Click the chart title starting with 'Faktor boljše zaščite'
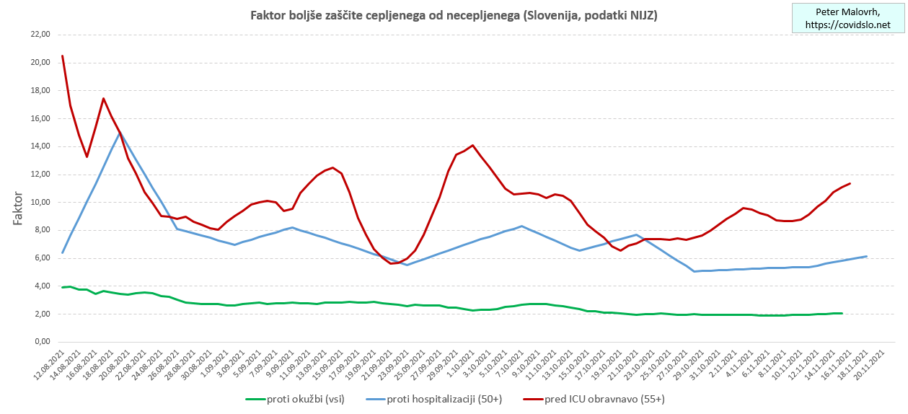454,15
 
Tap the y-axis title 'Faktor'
19,208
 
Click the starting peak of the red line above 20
63,56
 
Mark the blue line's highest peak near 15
120,133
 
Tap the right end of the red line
850,183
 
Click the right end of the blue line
866,256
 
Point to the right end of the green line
842,313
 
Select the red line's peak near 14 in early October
472,145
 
